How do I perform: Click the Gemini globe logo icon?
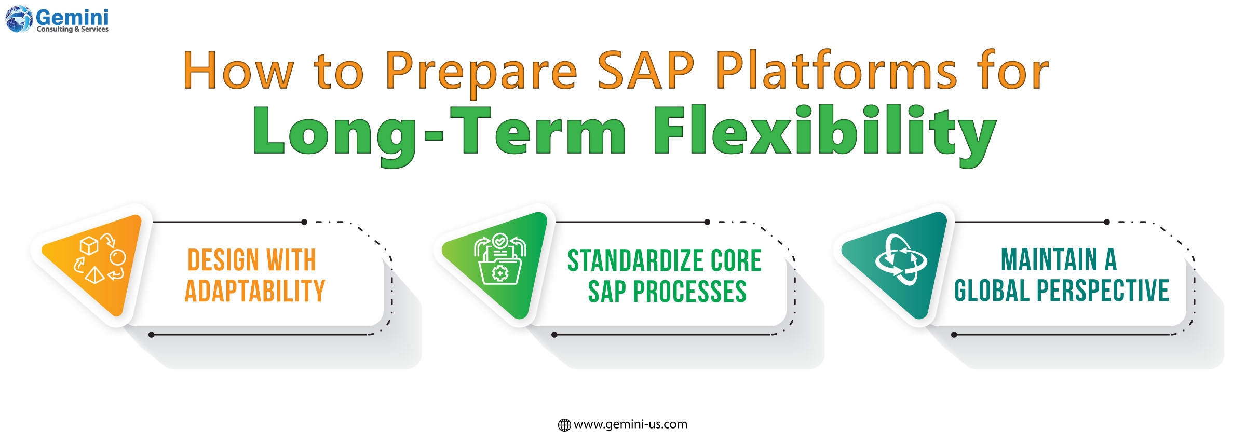coord(19,19)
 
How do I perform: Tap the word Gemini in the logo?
coord(72,17)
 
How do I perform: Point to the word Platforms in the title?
coord(836,71)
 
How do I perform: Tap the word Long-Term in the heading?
coord(439,132)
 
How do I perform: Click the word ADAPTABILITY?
coord(255,291)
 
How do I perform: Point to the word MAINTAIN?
coord(1049,259)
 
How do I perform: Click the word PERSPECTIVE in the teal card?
coord(1103,291)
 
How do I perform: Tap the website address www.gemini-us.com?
coord(630,424)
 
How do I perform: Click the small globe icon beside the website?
coord(564,425)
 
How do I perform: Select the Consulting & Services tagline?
coord(73,30)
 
